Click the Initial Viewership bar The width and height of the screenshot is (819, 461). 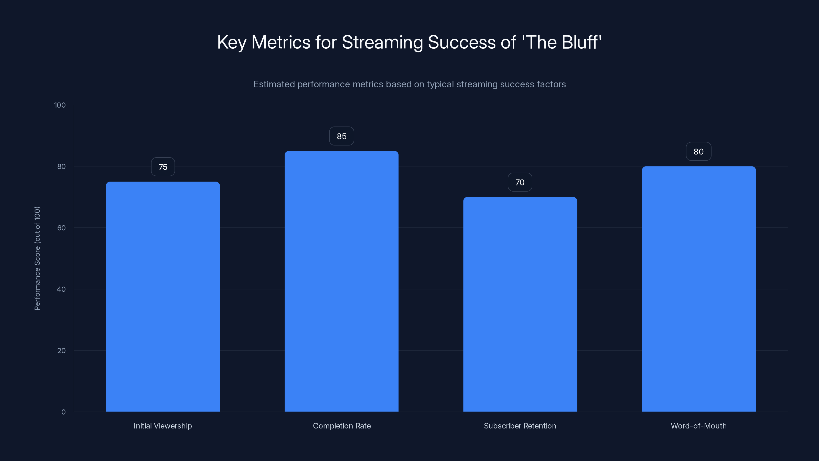(163, 297)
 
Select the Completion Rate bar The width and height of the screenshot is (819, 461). (341, 281)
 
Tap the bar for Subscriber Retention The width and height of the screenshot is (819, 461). (520, 304)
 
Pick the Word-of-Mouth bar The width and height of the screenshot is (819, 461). (698, 289)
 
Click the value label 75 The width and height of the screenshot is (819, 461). (163, 167)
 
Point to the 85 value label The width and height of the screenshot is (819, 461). (341, 136)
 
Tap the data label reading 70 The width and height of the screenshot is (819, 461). (520, 182)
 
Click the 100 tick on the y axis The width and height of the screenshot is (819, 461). (60, 105)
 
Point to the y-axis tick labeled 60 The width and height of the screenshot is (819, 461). (61, 228)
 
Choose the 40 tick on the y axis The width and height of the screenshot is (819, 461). (61, 289)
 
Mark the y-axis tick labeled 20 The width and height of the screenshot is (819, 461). (61, 351)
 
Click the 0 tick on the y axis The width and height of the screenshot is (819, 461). (63, 412)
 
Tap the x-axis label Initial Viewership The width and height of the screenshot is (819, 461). (163, 426)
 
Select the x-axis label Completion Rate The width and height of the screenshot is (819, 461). (342, 426)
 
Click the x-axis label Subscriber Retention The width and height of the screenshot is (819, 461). (520, 426)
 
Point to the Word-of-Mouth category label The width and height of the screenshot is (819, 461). (698, 426)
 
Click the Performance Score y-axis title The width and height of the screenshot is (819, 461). (37, 258)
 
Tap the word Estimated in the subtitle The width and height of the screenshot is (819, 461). (274, 84)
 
